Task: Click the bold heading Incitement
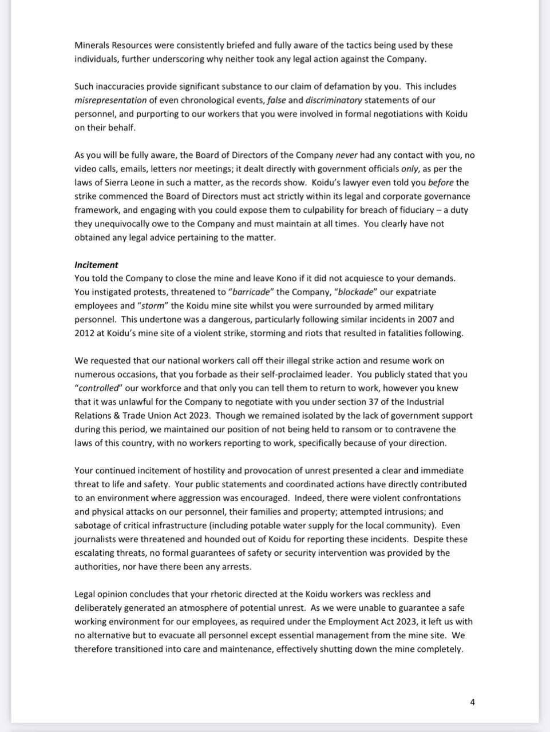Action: pyautogui.click(x=96, y=265)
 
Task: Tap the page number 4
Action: pyautogui.click(x=472, y=702)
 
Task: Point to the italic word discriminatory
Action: pyautogui.click(x=334, y=100)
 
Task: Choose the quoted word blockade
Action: pyautogui.click(x=355, y=292)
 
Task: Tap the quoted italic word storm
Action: pyautogui.click(x=152, y=306)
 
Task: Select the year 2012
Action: pyautogui.click(x=85, y=333)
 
